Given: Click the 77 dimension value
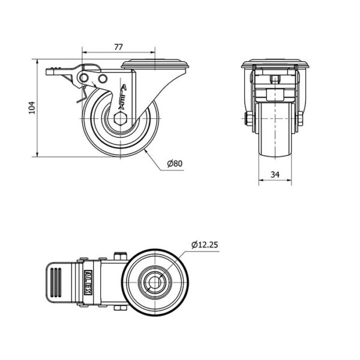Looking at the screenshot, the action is [x=118, y=47].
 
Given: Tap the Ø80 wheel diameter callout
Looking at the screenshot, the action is [x=175, y=163].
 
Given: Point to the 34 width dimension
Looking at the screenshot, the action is [x=275, y=175].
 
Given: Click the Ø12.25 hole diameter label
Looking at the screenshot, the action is [x=205, y=245].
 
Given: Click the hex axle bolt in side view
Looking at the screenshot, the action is [x=120, y=118].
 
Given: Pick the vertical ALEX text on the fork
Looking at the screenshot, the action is [x=122, y=97].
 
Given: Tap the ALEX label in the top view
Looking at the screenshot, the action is [x=89, y=283].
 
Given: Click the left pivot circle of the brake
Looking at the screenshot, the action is [x=83, y=78].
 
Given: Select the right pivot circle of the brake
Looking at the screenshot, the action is [x=103, y=79].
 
